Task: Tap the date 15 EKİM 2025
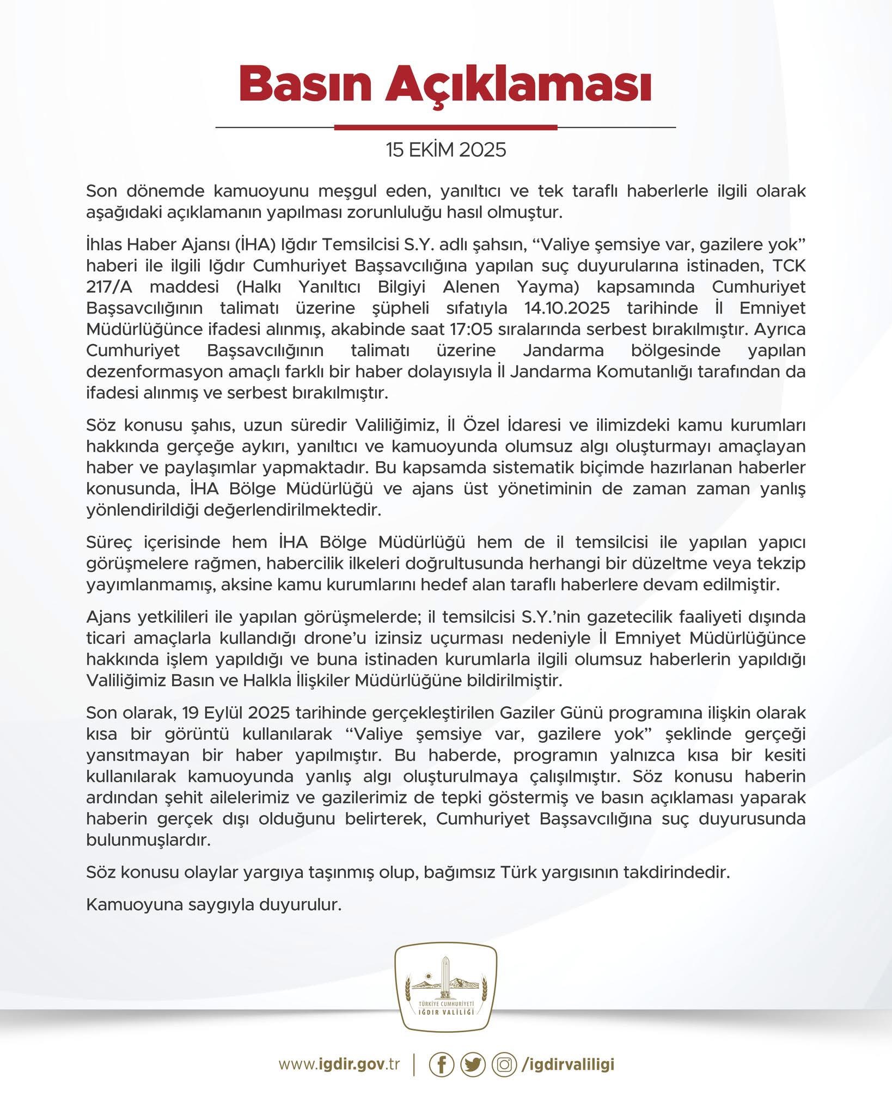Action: click(446, 150)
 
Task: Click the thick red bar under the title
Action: click(445, 127)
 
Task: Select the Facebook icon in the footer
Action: click(442, 1064)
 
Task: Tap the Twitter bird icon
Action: click(473, 1064)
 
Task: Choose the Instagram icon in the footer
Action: click(504, 1064)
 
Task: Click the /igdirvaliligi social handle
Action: click(567, 1064)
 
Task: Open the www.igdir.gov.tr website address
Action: click(339, 1064)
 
